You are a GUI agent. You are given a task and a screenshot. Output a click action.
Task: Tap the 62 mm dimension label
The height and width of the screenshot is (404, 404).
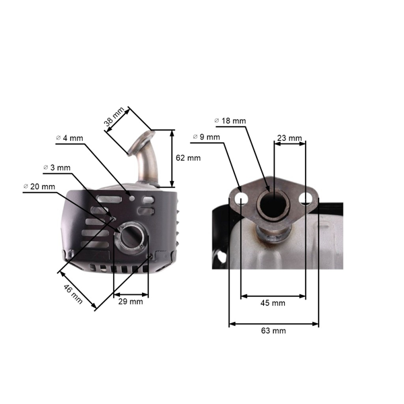coord(188,158)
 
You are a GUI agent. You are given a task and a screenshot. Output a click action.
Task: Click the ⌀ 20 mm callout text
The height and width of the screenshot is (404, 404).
coord(39,187)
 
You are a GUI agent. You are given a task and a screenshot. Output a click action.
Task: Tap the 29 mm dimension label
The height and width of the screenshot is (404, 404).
coord(131,302)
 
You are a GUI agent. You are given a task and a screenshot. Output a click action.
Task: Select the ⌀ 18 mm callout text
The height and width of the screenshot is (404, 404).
coord(230,121)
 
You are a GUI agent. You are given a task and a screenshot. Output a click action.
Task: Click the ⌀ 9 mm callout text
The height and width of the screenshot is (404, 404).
coord(206,137)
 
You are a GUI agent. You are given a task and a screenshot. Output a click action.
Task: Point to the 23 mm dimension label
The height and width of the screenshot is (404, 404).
coord(290,138)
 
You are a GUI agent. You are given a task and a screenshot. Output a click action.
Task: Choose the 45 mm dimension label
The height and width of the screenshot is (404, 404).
coord(273,303)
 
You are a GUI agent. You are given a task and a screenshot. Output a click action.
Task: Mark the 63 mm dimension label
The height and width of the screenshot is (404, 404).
coord(273,331)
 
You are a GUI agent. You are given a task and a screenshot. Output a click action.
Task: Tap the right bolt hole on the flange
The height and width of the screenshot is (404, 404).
coord(306,199)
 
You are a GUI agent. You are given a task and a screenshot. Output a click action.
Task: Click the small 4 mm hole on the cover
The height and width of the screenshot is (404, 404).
coord(132,199)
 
